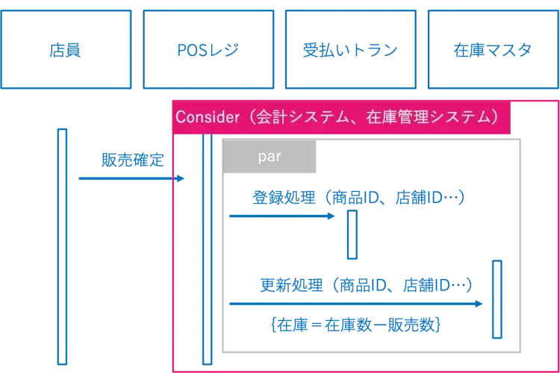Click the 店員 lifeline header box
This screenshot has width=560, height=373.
point(68,48)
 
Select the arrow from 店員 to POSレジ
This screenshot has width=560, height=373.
point(127,178)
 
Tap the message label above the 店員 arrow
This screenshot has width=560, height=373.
point(129,159)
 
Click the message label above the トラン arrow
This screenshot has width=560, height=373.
point(358,197)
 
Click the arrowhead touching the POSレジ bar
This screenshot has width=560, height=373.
point(179,178)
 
